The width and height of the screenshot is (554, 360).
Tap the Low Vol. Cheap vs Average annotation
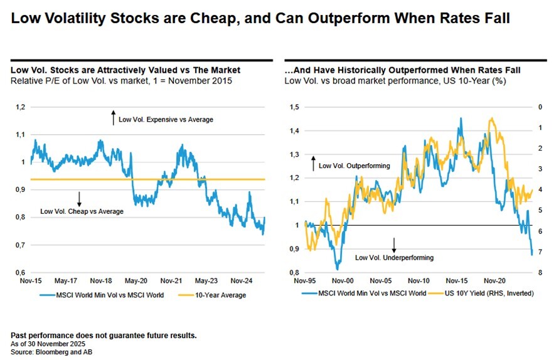tap(82, 211)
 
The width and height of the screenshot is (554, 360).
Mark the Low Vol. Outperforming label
tap(354, 166)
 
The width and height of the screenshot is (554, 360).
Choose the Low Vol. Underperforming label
tap(394, 258)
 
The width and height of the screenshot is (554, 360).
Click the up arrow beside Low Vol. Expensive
tap(113, 117)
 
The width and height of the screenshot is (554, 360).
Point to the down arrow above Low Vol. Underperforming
tap(394, 244)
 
